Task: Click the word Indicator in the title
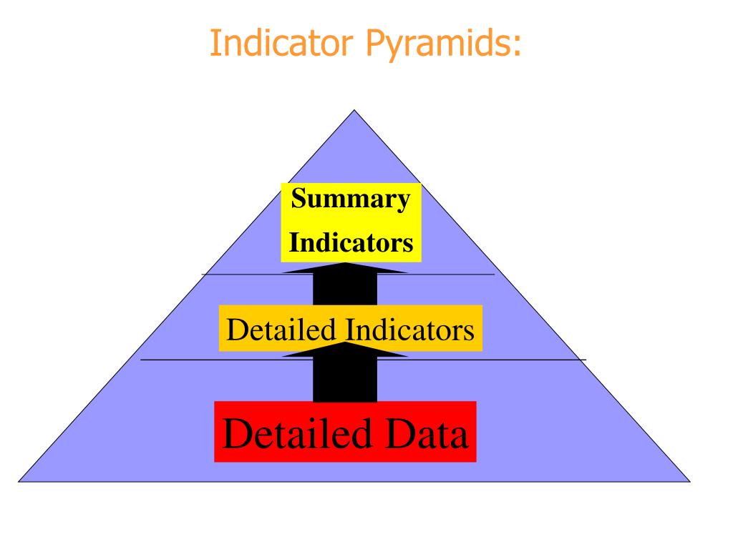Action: pyautogui.click(x=280, y=44)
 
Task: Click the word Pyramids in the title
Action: pyautogui.click(x=440, y=45)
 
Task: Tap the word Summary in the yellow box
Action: pyautogui.click(x=350, y=199)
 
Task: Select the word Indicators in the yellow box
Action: pyautogui.click(x=351, y=243)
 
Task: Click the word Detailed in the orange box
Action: pyautogui.click(x=281, y=330)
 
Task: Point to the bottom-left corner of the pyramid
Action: pyautogui.click(x=19, y=481)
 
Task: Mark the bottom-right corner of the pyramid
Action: pyautogui.click(x=689, y=481)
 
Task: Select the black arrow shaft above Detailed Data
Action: pyautogui.click(x=345, y=379)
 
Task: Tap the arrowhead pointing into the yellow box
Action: pyautogui.click(x=345, y=268)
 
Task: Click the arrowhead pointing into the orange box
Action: pyautogui.click(x=345, y=350)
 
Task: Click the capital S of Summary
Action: pyautogui.click(x=298, y=199)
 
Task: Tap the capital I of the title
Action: pyautogui.click(x=215, y=44)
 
